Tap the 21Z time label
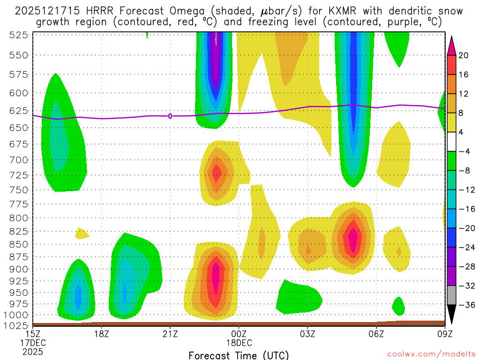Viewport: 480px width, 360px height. [x=170, y=334]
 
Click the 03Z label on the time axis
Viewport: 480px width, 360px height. [x=307, y=334]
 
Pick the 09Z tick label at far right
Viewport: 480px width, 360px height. [x=444, y=334]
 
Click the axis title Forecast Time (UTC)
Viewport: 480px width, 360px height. [x=239, y=355]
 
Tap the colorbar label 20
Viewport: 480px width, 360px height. [x=464, y=55]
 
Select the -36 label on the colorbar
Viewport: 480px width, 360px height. [x=464, y=305]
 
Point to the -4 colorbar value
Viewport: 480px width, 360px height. [x=464, y=151]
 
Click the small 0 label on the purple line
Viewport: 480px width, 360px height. [x=170, y=116]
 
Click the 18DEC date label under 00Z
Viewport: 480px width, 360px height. [x=239, y=343]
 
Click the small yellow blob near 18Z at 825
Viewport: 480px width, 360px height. [x=82, y=233]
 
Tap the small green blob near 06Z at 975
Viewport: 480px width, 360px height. [x=398, y=307]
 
